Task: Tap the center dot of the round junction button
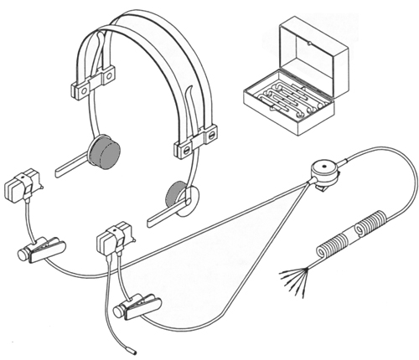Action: [x=323, y=167]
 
